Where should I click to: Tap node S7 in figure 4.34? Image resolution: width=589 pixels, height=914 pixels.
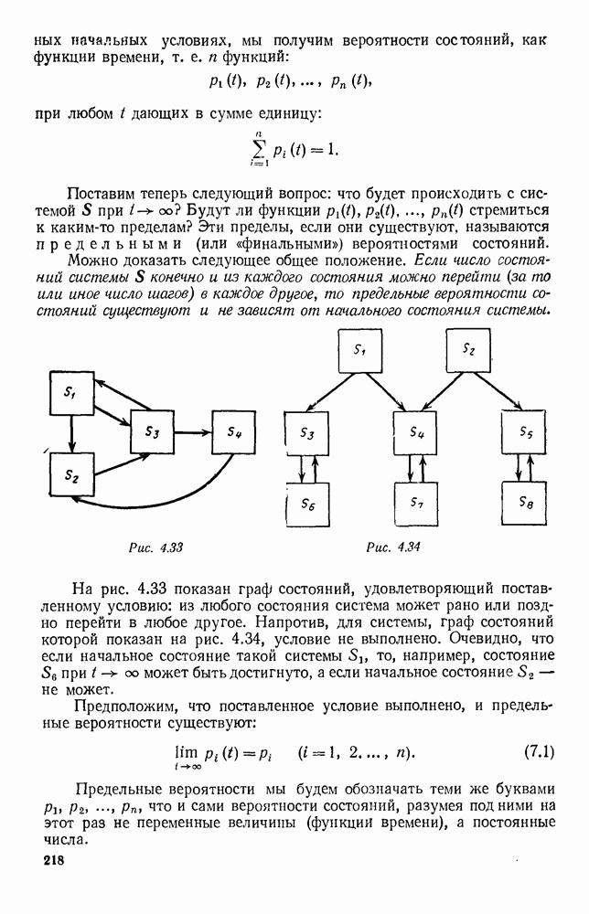pos(416,504)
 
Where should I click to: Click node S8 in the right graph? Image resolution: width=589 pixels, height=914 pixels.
pos(525,504)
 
